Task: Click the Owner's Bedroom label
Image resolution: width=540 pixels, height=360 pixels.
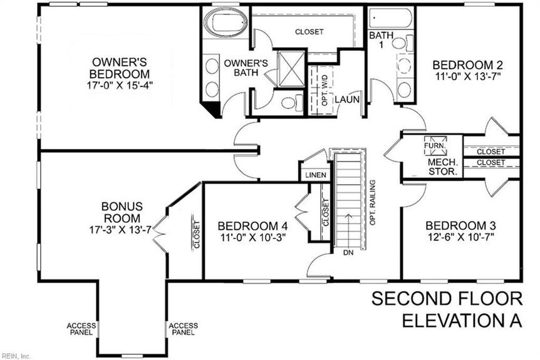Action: [x=120, y=68]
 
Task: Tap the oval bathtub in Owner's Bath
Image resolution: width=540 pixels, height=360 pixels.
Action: [x=226, y=22]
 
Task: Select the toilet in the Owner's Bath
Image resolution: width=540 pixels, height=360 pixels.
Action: [x=292, y=103]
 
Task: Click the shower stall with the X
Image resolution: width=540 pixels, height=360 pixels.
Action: [x=291, y=68]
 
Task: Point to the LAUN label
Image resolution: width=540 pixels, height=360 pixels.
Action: [x=347, y=100]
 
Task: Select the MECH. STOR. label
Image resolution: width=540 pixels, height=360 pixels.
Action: [x=443, y=167]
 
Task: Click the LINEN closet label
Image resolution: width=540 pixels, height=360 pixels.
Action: [x=316, y=175]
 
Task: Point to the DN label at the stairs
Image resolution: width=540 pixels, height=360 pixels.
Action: [x=348, y=252]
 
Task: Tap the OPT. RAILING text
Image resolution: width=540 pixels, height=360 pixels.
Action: [x=372, y=203]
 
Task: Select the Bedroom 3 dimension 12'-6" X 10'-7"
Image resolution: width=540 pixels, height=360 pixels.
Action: [x=460, y=237]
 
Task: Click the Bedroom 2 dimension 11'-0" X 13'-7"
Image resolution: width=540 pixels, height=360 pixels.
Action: [x=467, y=76]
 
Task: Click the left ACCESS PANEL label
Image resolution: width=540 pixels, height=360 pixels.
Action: [x=81, y=329]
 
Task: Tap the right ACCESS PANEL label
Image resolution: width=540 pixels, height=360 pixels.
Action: [x=183, y=329]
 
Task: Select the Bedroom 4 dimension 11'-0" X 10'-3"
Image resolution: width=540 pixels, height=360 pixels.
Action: [x=253, y=237]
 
